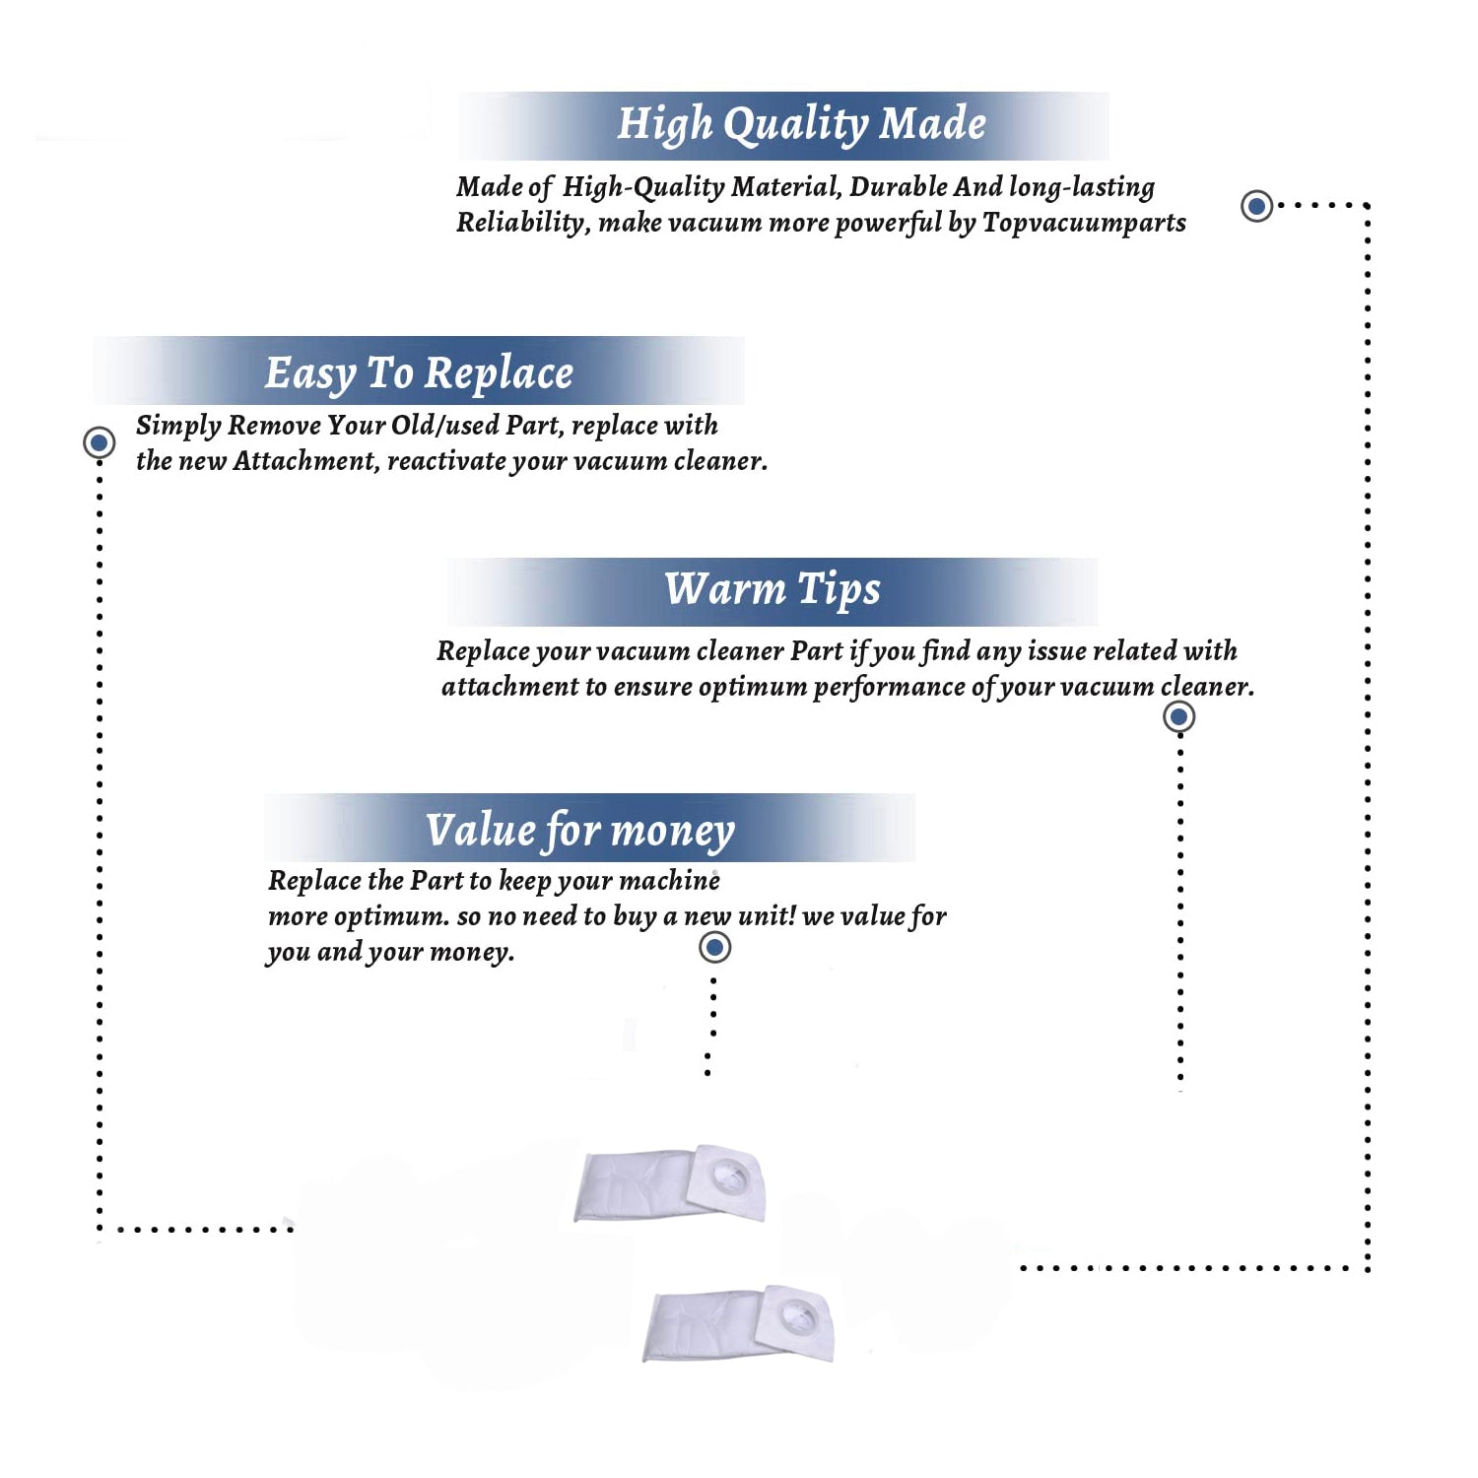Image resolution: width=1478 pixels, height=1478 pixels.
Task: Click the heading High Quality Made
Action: click(x=801, y=125)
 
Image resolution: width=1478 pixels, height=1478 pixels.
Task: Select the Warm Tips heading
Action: click(x=773, y=590)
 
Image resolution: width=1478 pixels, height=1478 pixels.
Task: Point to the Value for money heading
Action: click(x=580, y=831)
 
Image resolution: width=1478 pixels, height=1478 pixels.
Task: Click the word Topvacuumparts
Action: click(x=1084, y=224)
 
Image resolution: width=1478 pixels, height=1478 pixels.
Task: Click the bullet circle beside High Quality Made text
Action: click(x=1256, y=206)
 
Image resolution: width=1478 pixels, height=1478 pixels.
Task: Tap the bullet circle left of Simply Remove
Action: click(x=99, y=442)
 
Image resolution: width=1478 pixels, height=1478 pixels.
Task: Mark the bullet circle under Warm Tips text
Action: click(x=1178, y=716)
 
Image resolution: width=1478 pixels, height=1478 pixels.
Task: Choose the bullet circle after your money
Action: click(x=714, y=947)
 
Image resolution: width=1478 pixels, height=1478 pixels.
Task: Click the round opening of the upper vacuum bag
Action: click(x=730, y=1173)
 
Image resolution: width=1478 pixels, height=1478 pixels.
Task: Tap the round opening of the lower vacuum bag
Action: click(x=798, y=1313)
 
